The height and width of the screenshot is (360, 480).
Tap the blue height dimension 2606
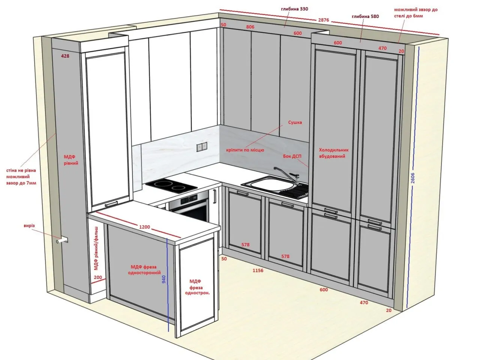(x=413, y=178)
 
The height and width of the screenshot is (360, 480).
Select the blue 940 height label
(x=164, y=277)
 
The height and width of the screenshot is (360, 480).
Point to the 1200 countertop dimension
(x=144, y=227)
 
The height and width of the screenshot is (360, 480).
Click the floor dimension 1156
(x=258, y=270)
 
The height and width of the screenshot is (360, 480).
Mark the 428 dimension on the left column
(x=65, y=56)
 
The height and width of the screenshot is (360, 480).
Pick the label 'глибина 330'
(x=294, y=9)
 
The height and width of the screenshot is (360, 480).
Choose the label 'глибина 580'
(x=365, y=16)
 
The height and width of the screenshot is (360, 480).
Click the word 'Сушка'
(x=295, y=122)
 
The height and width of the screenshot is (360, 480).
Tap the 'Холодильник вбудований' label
(x=334, y=153)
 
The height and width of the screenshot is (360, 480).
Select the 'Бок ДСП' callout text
(x=292, y=156)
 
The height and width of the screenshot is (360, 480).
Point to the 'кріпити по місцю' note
(x=245, y=150)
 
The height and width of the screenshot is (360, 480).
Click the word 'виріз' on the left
(x=29, y=226)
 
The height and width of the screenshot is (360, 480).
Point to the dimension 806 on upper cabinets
(x=250, y=27)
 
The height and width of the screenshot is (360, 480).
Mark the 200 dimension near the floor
(x=98, y=277)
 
